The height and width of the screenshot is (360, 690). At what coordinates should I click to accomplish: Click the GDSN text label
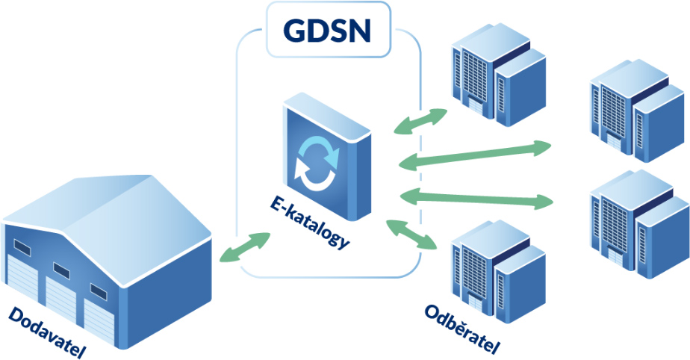(329, 29)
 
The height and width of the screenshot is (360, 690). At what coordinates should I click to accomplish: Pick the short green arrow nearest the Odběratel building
(412, 234)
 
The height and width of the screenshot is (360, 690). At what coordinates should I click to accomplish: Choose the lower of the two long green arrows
(476, 197)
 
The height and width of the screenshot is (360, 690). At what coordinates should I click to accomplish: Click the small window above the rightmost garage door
(98, 291)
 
